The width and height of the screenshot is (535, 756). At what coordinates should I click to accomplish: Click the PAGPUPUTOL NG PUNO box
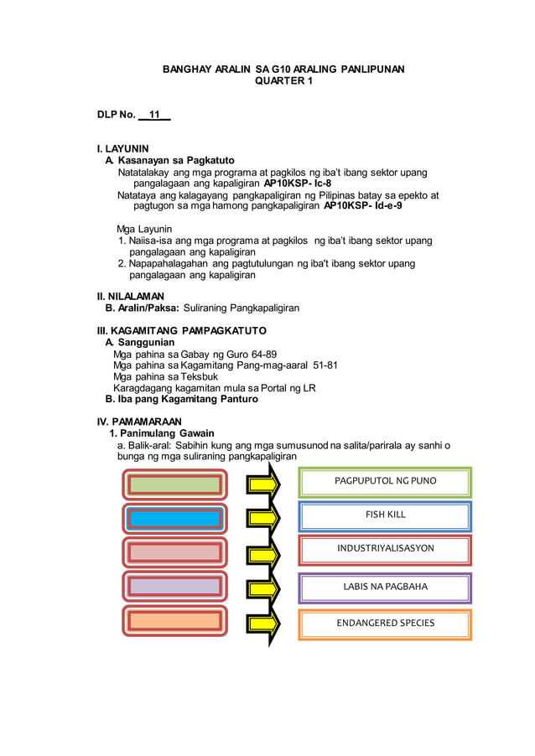(385, 482)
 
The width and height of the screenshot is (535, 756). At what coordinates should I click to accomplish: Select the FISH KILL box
(385, 515)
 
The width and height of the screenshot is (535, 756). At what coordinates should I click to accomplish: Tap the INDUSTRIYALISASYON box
(385, 549)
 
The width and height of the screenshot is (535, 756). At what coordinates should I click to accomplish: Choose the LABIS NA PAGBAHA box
(385, 587)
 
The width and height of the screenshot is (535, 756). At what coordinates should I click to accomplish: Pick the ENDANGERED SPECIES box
(385, 624)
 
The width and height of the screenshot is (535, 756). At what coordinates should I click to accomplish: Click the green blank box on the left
(174, 484)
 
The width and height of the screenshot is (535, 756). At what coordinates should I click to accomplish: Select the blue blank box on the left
(174, 518)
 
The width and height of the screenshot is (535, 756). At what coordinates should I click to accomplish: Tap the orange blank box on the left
(174, 620)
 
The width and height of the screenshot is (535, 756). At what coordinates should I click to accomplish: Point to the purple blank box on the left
(174, 587)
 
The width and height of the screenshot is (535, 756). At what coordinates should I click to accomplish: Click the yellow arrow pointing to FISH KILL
(263, 519)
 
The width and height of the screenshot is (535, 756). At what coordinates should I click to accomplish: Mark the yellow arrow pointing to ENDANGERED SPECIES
(263, 621)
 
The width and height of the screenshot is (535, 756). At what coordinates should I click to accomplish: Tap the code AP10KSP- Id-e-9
(363, 205)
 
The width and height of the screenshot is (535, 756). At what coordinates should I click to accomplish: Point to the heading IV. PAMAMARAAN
(139, 421)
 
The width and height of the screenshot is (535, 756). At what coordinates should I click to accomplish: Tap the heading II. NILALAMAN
(131, 297)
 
